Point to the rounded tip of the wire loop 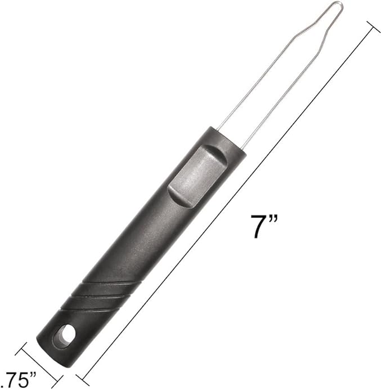click(x=337, y=5)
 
